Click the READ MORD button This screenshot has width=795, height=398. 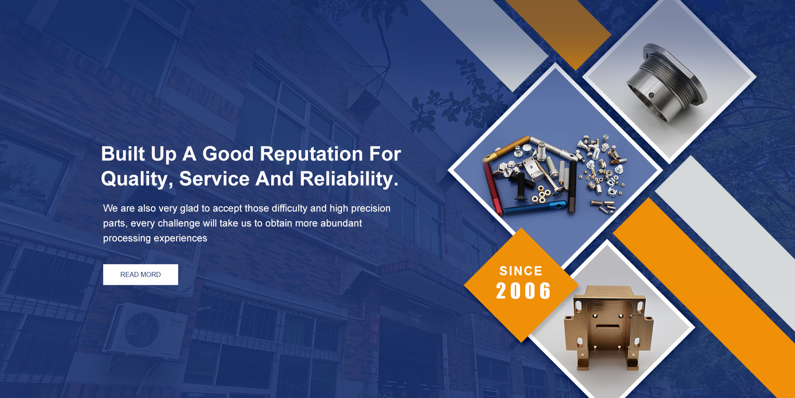pos(140,274)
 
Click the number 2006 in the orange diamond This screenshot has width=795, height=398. pos(523,291)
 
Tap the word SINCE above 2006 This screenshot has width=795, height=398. pos(521,271)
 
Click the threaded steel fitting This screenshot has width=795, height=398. pos(666,84)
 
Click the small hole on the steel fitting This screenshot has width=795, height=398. pos(651,95)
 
